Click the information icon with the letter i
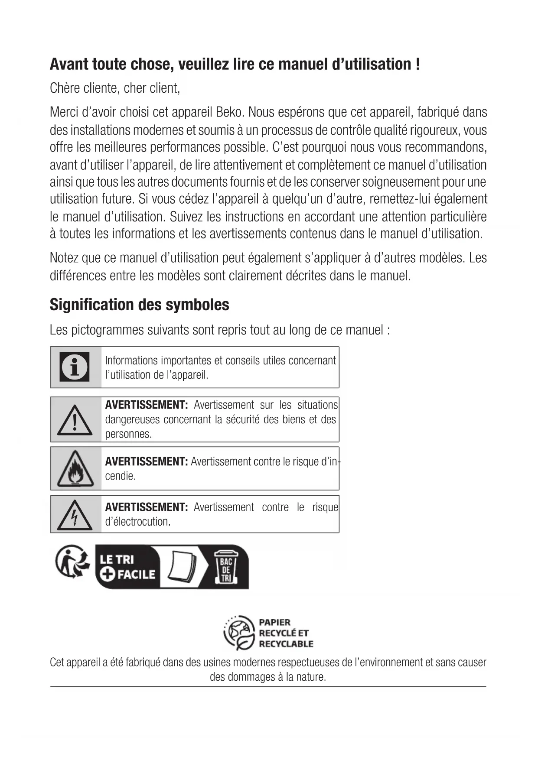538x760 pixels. pos(75,367)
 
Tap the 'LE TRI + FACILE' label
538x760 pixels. pos(126,567)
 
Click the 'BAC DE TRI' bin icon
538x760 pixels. pos(226,567)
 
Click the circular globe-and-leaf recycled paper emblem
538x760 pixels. pos(239,633)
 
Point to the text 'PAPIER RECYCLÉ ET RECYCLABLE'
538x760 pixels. pos(286,633)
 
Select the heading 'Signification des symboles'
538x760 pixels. pos(139,305)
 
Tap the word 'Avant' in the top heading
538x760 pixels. pos(69,64)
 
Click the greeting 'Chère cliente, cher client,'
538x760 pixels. pos(115,88)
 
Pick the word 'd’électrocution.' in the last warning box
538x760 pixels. pos(138,522)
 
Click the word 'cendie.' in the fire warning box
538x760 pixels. pos(121,476)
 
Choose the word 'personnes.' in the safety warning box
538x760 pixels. pos(128,434)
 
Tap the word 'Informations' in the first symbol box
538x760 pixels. pos(131,361)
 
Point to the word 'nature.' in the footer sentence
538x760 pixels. pos(311,677)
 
